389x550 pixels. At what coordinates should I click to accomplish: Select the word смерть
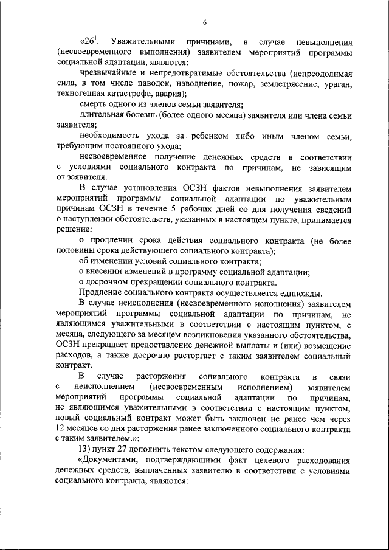click(x=92, y=105)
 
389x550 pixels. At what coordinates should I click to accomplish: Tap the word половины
click(x=75, y=251)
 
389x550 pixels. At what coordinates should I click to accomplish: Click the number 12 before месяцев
click(x=60, y=429)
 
